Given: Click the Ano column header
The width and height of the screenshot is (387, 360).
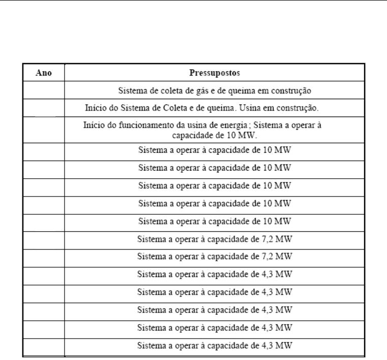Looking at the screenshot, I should (43, 72).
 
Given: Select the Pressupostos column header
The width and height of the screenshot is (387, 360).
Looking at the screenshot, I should (215, 72).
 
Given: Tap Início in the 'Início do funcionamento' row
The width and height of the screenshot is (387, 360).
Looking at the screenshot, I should (94, 125).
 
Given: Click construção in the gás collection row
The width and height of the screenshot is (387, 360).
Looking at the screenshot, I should (291, 91).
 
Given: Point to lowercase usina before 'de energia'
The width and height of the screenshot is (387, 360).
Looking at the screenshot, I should (202, 125).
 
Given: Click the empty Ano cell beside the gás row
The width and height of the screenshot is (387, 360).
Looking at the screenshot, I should (43, 91).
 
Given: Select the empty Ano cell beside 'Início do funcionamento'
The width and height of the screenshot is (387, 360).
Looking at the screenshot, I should (43, 130).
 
